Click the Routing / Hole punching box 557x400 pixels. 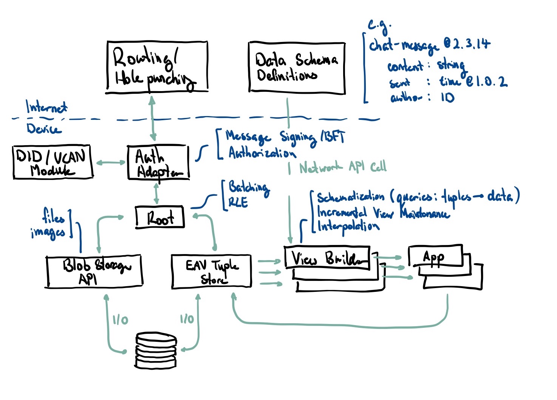tap(157, 67)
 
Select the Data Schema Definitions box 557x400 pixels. tap(297, 67)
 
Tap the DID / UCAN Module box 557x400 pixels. tap(53, 162)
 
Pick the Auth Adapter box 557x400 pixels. tap(158, 163)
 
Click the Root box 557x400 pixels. tap(160, 217)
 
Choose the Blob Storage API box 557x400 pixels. tap(94, 271)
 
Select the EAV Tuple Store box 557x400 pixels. tap(212, 271)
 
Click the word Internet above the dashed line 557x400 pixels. tap(46, 107)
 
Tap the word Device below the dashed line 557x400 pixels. tap(43, 129)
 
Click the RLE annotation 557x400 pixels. tap(238, 203)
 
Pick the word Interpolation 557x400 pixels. tap(348, 226)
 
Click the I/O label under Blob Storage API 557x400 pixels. tap(120, 320)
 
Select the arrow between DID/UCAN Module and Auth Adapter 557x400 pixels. tap(111, 163)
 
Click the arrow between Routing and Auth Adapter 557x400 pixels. tap(152, 118)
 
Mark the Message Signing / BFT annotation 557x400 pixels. tap(285, 137)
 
